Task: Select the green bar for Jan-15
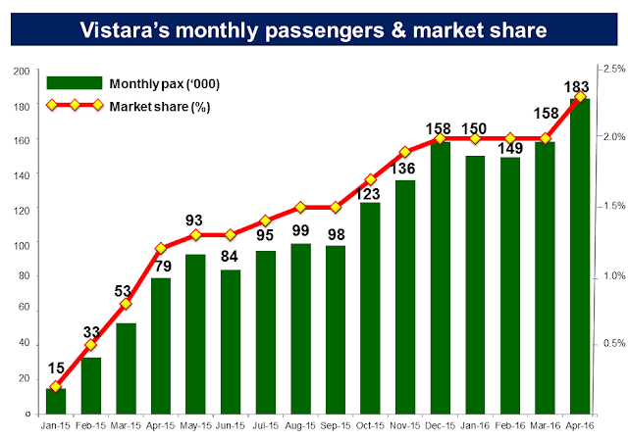pos(56,402)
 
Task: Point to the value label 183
pos(578,84)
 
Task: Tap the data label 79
pos(161,265)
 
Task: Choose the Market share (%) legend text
pos(156,105)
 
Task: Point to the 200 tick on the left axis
pos(20,72)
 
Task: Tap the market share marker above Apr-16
pos(580,97)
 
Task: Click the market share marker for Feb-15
pos(90,345)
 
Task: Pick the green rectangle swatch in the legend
pos(74,84)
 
